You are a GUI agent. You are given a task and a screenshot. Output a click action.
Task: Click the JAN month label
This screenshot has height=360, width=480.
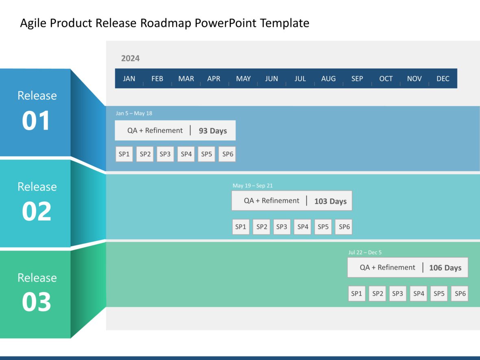pos(129,79)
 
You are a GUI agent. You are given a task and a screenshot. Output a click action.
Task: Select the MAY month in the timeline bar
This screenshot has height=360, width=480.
pos(243,79)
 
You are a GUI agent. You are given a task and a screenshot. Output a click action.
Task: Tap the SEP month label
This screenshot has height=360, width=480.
pos(357,79)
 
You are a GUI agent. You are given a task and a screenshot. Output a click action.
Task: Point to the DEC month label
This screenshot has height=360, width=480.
pos(443,79)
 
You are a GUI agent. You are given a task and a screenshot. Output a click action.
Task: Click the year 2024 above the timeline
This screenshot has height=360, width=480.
pos(130,59)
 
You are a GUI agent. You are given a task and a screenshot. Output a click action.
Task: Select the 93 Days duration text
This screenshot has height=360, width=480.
pos(213,131)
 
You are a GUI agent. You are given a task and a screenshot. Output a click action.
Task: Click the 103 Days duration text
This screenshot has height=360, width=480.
pos(330,201)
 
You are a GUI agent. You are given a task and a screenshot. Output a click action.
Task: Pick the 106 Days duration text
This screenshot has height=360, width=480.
pos(445,268)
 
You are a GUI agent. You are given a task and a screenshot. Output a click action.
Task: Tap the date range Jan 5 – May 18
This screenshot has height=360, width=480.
pos(134,113)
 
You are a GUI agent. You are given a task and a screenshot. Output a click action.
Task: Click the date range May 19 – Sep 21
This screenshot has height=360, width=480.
pos(253,186)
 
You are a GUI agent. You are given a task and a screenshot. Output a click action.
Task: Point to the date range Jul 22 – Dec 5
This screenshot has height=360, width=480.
pos(365,253)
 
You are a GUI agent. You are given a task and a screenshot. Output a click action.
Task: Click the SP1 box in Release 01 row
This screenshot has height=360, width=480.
pos(124,154)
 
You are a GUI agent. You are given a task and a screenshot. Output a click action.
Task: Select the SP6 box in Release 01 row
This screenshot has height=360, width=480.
pos(227,154)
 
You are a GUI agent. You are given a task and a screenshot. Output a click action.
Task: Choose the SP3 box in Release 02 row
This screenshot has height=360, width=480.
pos(281,227)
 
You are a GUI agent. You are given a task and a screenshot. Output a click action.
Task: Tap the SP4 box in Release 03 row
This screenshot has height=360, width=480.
pos(419,294)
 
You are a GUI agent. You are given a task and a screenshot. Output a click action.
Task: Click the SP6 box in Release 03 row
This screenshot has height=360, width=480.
pos(460,294)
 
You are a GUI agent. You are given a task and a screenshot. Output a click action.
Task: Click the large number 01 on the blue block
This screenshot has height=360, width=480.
pos(36,121)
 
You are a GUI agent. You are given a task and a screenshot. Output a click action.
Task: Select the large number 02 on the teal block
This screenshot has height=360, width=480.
pos(36,212)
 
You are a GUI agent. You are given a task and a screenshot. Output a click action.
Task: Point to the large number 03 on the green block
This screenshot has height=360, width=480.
pos(36,303)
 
